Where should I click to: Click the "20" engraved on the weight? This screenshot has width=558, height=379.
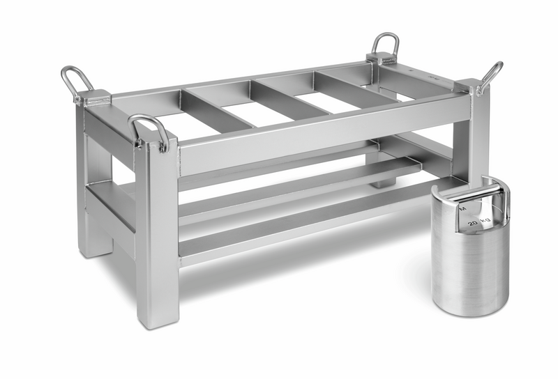[x=474, y=222]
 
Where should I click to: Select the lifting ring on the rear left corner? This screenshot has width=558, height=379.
[x=75, y=81]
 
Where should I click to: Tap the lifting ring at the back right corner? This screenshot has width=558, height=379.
[x=386, y=46]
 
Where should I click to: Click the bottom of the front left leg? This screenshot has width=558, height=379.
[x=158, y=317]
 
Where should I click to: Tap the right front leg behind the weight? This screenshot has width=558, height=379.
[x=478, y=139]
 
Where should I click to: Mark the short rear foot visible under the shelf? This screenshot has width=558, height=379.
[x=380, y=181]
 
